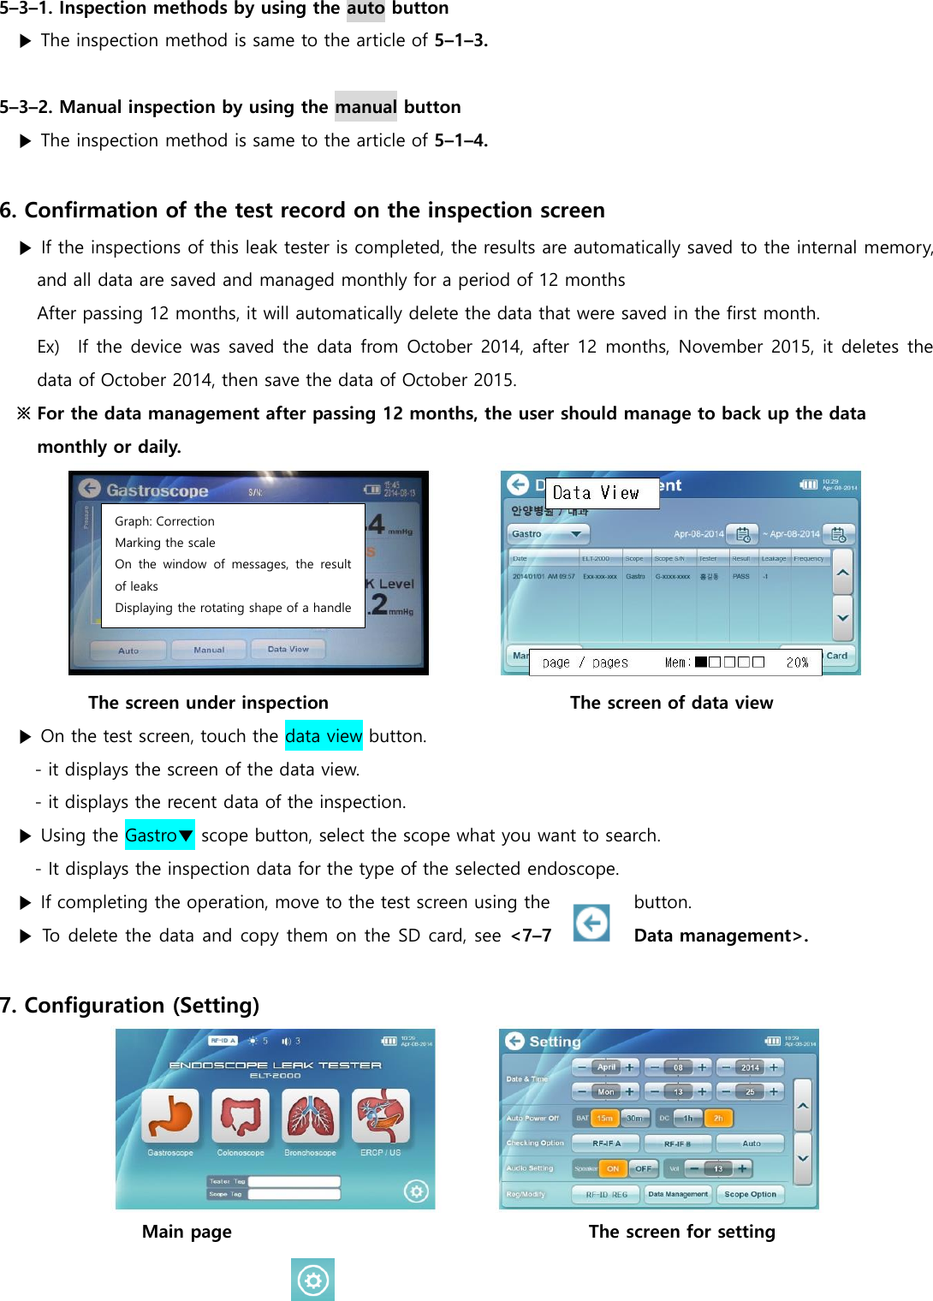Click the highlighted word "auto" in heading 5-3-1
(x=365, y=9)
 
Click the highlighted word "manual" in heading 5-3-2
(x=365, y=107)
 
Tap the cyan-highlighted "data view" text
(x=324, y=736)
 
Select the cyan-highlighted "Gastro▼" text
(x=159, y=835)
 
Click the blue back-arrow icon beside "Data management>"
(x=591, y=923)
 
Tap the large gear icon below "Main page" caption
(x=312, y=1280)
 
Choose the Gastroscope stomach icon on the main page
(x=170, y=1116)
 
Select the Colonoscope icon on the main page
(x=241, y=1116)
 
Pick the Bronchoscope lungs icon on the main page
(x=311, y=1116)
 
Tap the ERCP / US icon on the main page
(x=381, y=1116)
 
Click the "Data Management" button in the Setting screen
(x=678, y=1194)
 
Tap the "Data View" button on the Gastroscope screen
(x=288, y=650)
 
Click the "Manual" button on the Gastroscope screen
(x=209, y=650)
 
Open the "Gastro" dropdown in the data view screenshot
(x=547, y=534)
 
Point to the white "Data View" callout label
(x=602, y=493)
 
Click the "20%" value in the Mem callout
(x=797, y=662)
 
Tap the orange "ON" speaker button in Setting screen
(x=613, y=1168)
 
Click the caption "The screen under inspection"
(x=208, y=703)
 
